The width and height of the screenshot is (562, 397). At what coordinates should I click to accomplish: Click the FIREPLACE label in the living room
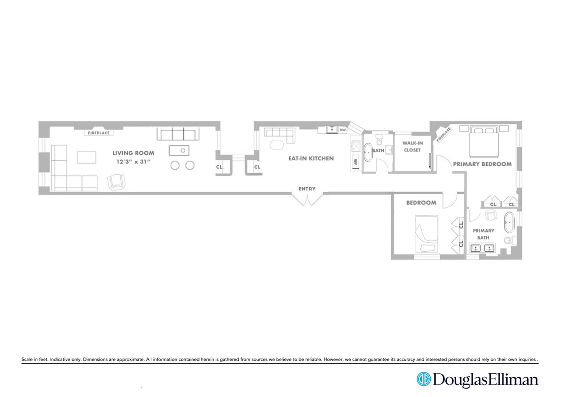click(99, 133)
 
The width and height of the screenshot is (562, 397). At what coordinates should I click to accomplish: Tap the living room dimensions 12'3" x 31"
click(133, 161)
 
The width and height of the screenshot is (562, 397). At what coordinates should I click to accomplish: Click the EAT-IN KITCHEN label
click(311, 158)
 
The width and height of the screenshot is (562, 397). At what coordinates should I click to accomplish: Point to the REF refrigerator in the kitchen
click(355, 161)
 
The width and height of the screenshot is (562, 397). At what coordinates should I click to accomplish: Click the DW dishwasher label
click(342, 130)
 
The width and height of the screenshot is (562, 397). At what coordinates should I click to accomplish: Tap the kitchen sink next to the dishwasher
click(332, 129)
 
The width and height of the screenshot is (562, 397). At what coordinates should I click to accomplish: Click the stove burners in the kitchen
click(356, 146)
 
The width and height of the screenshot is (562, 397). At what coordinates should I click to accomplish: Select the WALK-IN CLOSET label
click(412, 147)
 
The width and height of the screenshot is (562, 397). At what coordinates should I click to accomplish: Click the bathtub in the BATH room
click(368, 152)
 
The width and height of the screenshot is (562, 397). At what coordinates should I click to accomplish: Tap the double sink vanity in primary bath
click(482, 248)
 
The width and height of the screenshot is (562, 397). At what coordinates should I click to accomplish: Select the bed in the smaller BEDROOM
click(427, 234)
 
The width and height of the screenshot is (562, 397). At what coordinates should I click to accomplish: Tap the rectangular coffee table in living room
click(87, 157)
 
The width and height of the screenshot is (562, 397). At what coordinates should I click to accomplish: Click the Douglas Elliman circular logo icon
click(424, 379)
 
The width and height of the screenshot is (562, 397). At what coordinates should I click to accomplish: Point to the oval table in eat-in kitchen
click(277, 145)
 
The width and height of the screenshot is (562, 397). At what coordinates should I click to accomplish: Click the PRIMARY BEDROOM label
click(482, 164)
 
